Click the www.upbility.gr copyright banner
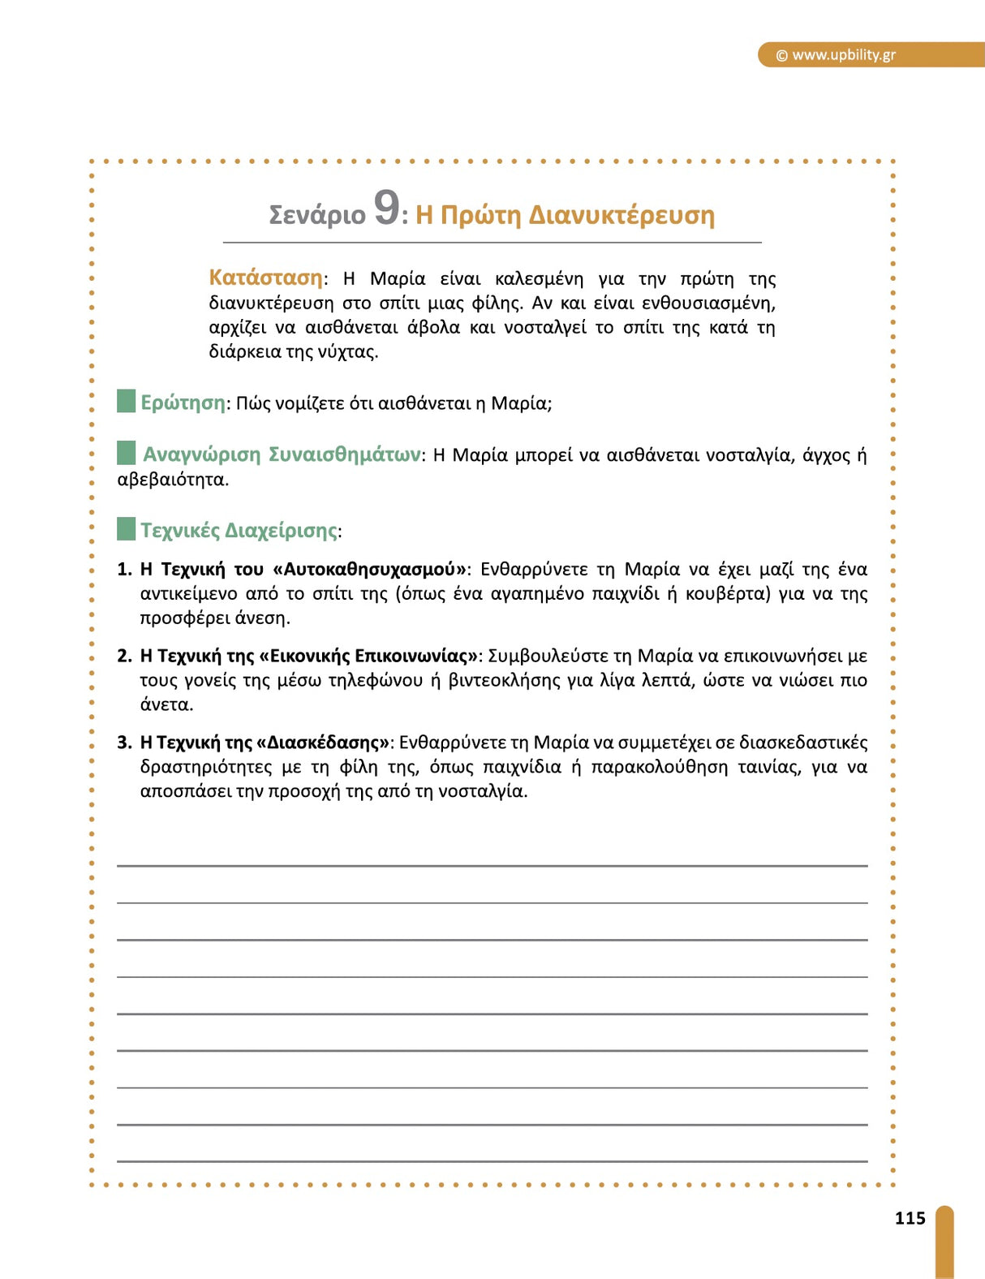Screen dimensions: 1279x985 844,55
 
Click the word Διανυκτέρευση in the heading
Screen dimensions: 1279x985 622,215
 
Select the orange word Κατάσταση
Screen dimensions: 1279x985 265,278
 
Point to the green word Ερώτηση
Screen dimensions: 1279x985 183,403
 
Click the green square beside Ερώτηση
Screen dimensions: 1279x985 126,401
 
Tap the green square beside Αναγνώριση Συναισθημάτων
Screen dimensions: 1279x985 126,453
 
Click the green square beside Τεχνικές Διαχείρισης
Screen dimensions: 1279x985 126,529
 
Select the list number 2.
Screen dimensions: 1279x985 124,656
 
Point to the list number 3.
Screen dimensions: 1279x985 124,743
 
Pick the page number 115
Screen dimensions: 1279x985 910,1218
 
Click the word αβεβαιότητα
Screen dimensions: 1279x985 171,480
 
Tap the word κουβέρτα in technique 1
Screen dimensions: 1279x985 726,593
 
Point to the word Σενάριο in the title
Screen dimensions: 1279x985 317,215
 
